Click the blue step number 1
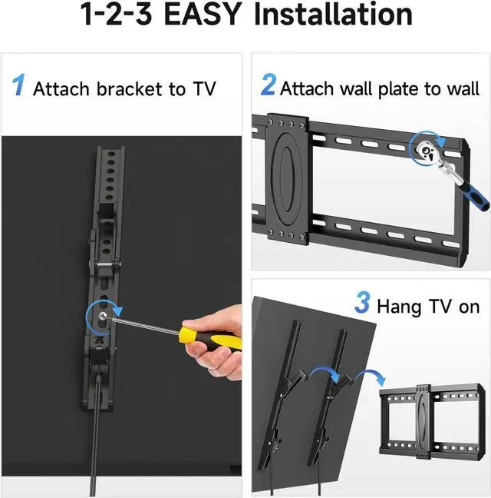click(x=19, y=85)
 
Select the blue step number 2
click(x=268, y=85)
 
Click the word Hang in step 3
click(x=397, y=306)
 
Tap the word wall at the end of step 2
click(x=463, y=88)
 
